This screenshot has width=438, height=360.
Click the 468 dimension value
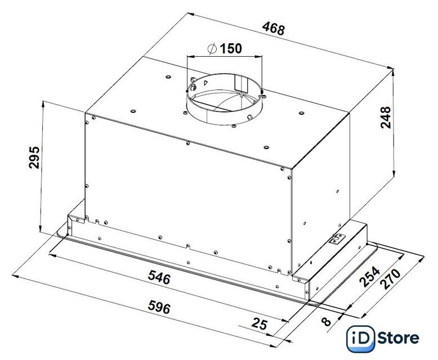[274, 29]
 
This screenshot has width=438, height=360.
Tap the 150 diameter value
[231, 48]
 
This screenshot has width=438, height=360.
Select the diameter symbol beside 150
[212, 48]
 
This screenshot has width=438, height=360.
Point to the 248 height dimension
[386, 117]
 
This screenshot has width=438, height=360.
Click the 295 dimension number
[34, 157]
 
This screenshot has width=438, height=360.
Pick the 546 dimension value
[159, 277]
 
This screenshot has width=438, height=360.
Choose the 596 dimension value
[159, 307]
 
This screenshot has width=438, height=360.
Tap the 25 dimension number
[260, 324]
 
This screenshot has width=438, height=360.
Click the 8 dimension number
[326, 322]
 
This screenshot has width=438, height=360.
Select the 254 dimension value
[369, 277]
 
